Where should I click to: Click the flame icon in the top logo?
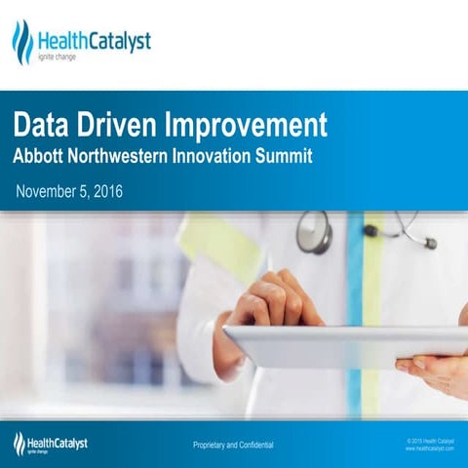[x=21, y=41]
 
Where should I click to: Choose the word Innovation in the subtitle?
[x=233, y=156]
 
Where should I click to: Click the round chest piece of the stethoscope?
[x=314, y=233]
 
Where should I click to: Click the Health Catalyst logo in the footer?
[x=51, y=445]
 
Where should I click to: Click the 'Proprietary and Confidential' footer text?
[x=233, y=446]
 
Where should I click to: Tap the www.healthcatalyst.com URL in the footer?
[x=429, y=448]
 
